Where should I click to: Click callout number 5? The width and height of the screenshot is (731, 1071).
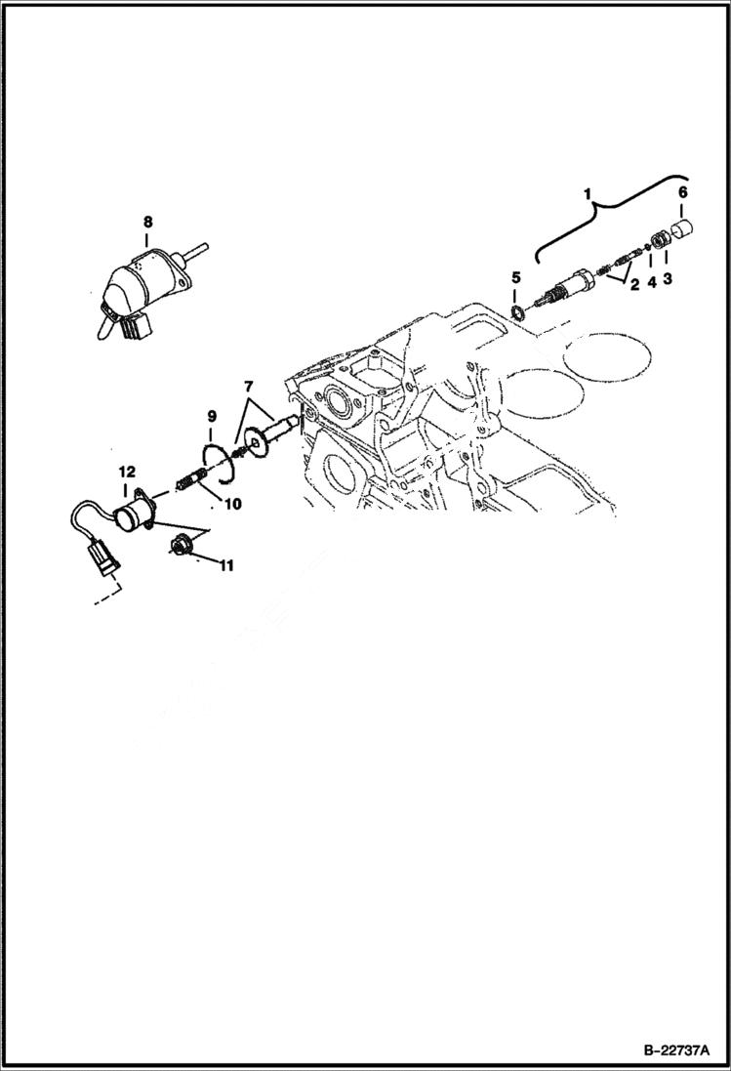[516, 279]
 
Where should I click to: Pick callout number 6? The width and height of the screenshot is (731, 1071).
[682, 192]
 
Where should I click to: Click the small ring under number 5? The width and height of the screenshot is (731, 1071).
[517, 312]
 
